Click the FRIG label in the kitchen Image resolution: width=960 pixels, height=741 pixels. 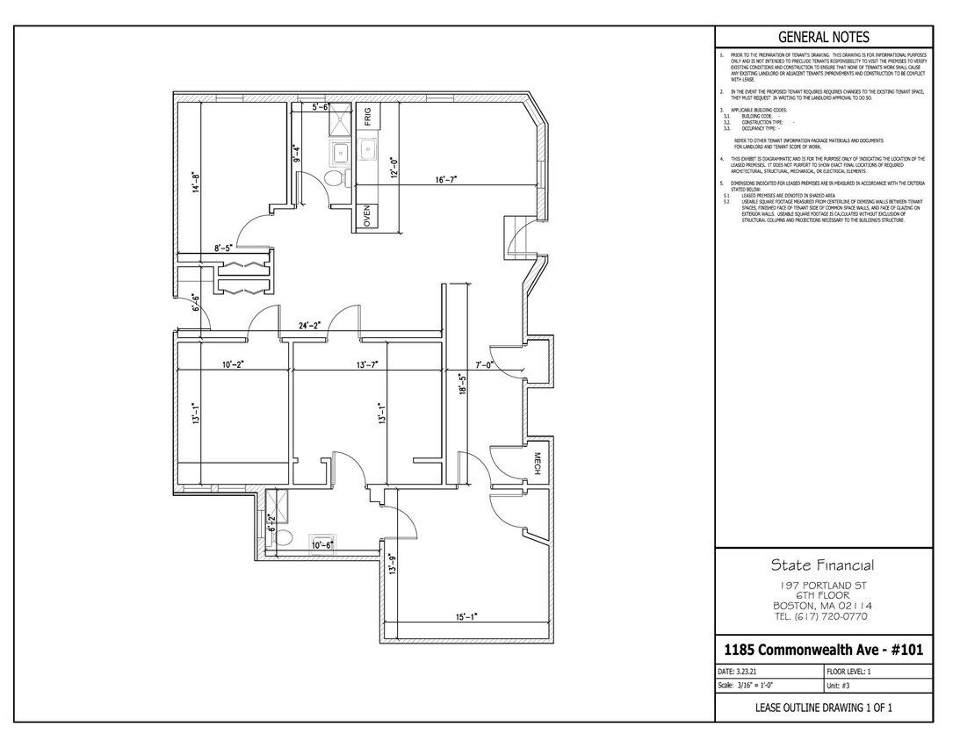pos(368,117)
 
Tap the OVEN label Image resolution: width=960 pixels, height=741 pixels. pos(368,216)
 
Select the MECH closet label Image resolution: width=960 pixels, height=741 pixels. pos(538,463)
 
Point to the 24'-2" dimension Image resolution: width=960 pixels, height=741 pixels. pos(308,326)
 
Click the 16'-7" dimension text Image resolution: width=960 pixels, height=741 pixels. pos(446,179)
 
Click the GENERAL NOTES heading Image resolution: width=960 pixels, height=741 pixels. pos(824,37)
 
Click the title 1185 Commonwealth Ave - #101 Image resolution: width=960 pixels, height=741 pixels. pos(823,651)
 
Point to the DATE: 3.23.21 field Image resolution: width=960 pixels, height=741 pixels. pos(744,671)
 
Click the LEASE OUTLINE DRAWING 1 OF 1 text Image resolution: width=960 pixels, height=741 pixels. pos(823,708)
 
